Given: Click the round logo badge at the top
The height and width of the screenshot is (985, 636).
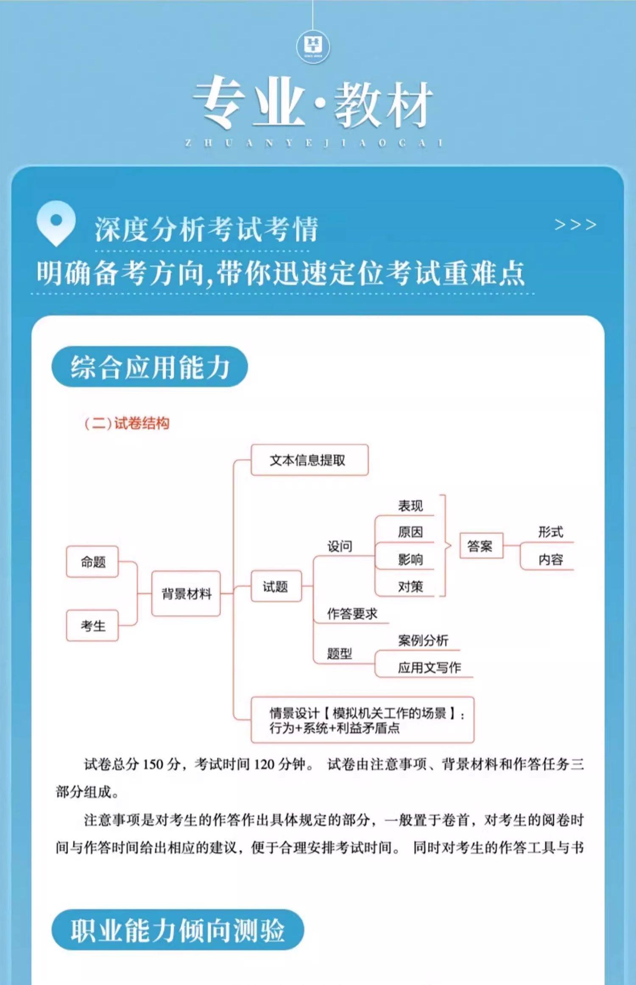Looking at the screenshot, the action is pyautogui.click(x=313, y=45).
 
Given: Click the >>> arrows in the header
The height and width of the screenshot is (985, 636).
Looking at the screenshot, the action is pyautogui.click(x=575, y=224).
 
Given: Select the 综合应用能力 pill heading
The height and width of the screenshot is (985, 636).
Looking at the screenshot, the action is pyautogui.click(x=149, y=367).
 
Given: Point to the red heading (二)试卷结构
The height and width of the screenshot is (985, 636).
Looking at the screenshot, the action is pyautogui.click(x=127, y=423).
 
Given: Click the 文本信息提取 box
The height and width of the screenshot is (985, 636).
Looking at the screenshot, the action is pyautogui.click(x=309, y=460).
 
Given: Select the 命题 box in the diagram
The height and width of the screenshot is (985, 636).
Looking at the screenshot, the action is pyautogui.click(x=92, y=562).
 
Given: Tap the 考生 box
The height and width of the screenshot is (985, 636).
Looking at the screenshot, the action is pyautogui.click(x=92, y=626).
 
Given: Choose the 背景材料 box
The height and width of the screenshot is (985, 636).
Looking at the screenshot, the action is pyautogui.click(x=186, y=593).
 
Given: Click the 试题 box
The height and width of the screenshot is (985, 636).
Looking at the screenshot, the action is pyautogui.click(x=276, y=587).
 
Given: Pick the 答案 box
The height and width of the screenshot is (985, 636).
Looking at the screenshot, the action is pyautogui.click(x=481, y=546).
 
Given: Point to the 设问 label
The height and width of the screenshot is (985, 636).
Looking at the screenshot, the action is pyautogui.click(x=340, y=546).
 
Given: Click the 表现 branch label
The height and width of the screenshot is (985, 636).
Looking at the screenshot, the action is pyautogui.click(x=410, y=506).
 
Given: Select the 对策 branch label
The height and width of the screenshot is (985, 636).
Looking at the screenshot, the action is pyautogui.click(x=410, y=587).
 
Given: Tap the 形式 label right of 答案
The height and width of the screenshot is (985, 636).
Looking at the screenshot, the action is pyautogui.click(x=550, y=532).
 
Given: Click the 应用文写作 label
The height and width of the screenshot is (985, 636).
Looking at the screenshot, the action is pyautogui.click(x=429, y=668).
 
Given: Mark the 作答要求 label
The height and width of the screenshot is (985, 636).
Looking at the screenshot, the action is pyautogui.click(x=352, y=613).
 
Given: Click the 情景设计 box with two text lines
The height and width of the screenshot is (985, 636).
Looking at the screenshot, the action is pyautogui.click(x=362, y=720).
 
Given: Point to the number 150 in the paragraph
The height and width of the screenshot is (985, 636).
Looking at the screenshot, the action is pyautogui.click(x=153, y=764).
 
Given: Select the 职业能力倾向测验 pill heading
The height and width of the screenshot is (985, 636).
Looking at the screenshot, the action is pyautogui.click(x=178, y=930).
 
